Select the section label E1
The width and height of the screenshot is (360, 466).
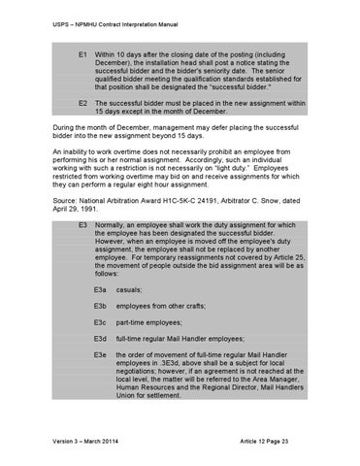pos(84,47)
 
